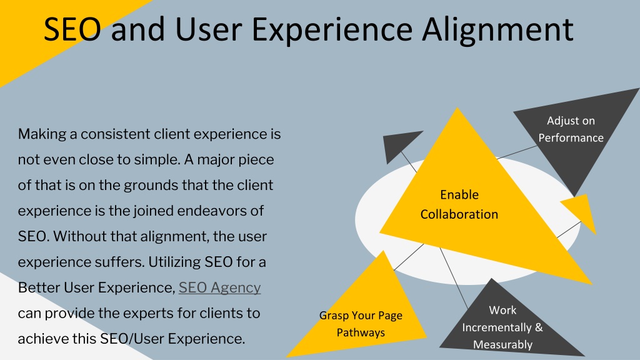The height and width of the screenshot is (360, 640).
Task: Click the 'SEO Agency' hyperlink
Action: click(219, 287)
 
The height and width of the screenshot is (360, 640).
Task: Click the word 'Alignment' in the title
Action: click(497, 29)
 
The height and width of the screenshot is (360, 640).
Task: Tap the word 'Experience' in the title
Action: click(332, 31)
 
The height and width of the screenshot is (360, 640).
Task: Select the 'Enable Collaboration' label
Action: click(459, 204)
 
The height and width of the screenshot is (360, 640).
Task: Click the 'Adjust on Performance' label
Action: click(571, 129)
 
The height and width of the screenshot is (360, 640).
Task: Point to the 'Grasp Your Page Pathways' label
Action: click(361, 324)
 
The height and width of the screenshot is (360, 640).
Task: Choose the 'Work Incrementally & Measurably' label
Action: click(502, 327)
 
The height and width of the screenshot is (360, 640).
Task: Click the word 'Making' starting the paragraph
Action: click(42, 134)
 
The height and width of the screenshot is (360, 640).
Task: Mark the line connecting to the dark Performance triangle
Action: click(517, 152)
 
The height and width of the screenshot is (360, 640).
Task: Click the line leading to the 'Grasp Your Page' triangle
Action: click(409, 257)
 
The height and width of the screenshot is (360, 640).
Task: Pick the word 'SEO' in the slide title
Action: click(72, 29)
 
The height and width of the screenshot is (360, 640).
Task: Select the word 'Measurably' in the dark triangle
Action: click(502, 344)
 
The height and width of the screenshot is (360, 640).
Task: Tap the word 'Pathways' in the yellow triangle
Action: click(361, 332)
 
